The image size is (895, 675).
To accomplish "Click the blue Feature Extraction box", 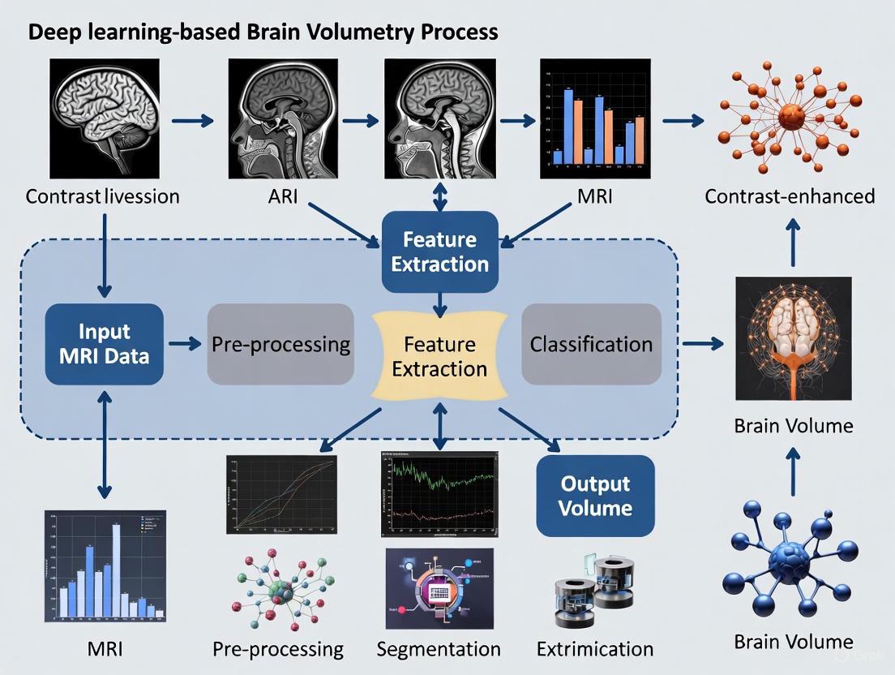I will point(439,252).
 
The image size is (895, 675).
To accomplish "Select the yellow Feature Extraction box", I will point(439,356).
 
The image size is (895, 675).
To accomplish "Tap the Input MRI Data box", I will point(105,344).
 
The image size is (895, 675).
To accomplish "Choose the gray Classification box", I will point(591,344).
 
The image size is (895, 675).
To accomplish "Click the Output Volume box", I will point(595,496).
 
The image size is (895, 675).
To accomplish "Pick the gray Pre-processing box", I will point(280,344).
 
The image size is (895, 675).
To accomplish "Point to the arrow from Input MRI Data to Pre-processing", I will point(185,344).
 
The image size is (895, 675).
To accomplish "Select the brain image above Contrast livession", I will point(103,119).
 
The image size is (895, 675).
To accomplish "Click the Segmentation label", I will point(439,649).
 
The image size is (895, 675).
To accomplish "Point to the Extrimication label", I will point(595,649).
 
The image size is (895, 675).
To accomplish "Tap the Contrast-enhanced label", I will point(790,196).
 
